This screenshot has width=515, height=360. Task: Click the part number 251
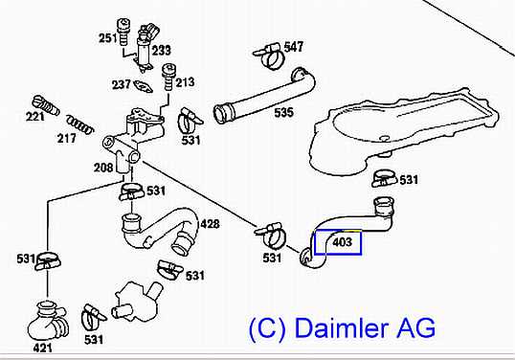pyautogui.click(x=108, y=38)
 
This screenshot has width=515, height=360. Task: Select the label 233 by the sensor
pyautogui.click(x=162, y=50)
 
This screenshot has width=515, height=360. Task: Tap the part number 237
pyautogui.click(x=122, y=84)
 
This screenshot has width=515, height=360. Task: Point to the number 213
pyautogui.click(x=185, y=81)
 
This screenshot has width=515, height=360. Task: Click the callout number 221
pyautogui.click(x=34, y=117)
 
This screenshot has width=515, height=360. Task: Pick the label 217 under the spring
pyautogui.click(x=67, y=138)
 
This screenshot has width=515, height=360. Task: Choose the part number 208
pyautogui.click(x=103, y=168)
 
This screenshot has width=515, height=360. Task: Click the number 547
pyautogui.click(x=293, y=47)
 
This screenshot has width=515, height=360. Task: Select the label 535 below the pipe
pyautogui.click(x=283, y=113)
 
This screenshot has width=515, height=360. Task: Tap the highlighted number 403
pyautogui.click(x=343, y=242)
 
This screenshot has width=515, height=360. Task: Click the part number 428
pyautogui.click(x=210, y=224)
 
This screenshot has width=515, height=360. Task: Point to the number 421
pyautogui.click(x=43, y=348)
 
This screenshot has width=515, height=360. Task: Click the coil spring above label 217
pyautogui.click(x=80, y=124)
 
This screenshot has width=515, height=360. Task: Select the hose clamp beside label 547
pyautogui.click(x=269, y=56)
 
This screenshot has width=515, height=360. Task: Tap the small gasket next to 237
pyautogui.click(x=144, y=86)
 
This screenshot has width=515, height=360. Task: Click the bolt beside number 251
pyautogui.click(x=123, y=33)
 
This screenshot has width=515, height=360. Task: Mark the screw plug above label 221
pyautogui.click(x=46, y=105)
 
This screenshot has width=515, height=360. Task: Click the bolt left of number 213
pyautogui.click(x=169, y=77)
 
